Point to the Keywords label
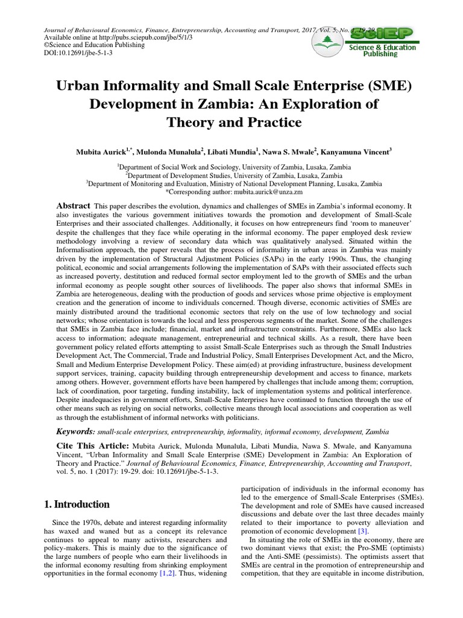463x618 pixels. click(x=75, y=432)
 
